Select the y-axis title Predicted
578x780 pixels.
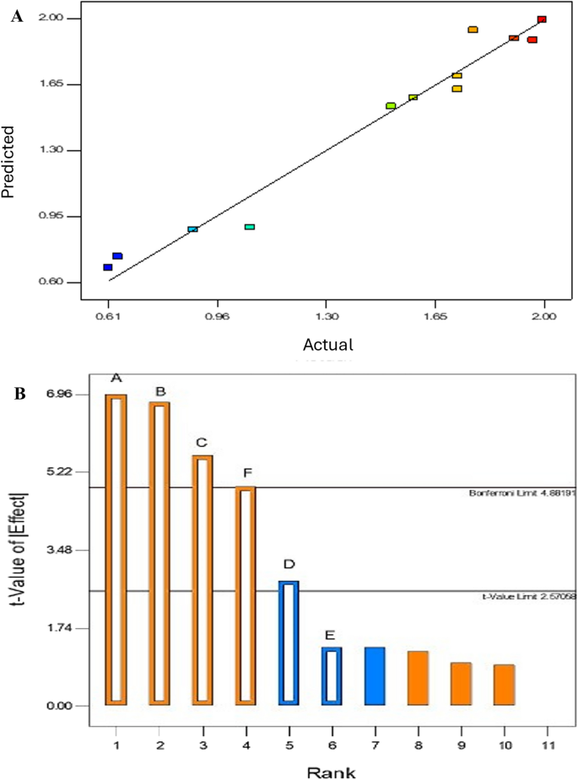[9, 163]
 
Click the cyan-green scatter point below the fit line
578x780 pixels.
[250, 227]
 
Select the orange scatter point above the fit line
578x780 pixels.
[473, 30]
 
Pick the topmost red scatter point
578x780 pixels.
[542, 19]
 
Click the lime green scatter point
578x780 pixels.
[391, 105]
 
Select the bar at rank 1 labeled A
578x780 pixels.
[116, 549]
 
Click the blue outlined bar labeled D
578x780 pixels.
[289, 642]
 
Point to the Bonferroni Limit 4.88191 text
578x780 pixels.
[521, 492]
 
